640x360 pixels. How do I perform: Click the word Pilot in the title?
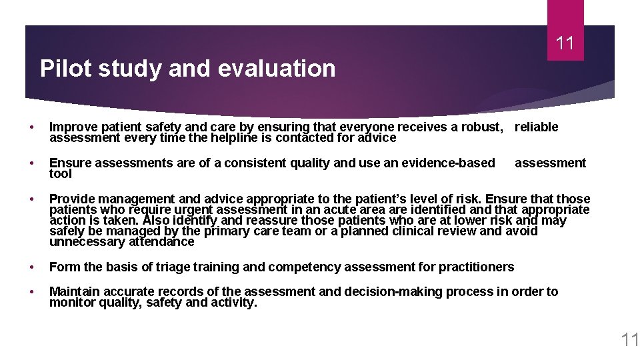pyautogui.click(x=57, y=69)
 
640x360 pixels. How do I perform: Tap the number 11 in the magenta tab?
pyautogui.click(x=565, y=44)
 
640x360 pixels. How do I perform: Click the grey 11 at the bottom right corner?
pyautogui.click(x=629, y=340)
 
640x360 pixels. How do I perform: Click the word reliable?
pyautogui.click(x=536, y=127)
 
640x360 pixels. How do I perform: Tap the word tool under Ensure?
pyautogui.click(x=61, y=174)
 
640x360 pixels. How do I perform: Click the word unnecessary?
pyautogui.click(x=83, y=242)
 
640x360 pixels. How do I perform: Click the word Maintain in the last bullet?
pyautogui.click(x=75, y=291)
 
